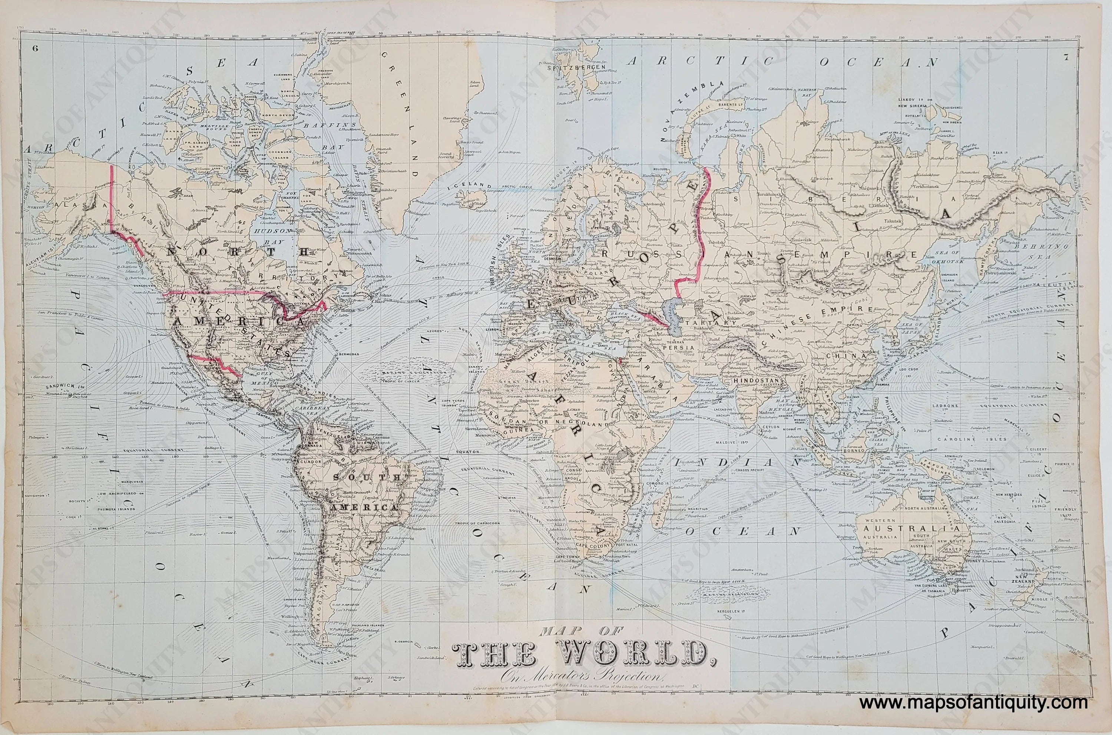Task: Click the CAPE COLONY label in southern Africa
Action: (596, 546)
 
